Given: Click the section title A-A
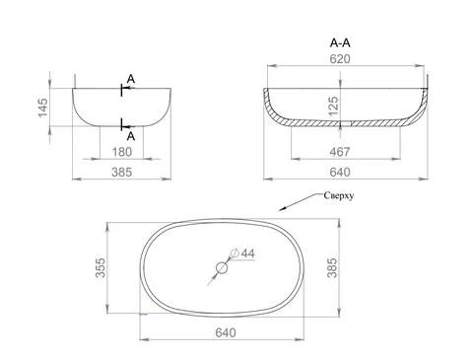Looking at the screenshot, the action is point(340,43).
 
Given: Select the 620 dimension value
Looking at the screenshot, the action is point(340,59).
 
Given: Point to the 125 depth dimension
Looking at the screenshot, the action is point(333,106).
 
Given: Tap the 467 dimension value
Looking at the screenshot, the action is point(340,152).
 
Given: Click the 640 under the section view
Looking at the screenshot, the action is point(340,173).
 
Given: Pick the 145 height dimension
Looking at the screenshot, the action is point(42,108).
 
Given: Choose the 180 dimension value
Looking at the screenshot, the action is point(122,152).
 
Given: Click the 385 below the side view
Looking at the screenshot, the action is point(122,173).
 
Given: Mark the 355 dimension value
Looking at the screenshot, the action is point(101,268).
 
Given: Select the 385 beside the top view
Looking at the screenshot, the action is point(332,268).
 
